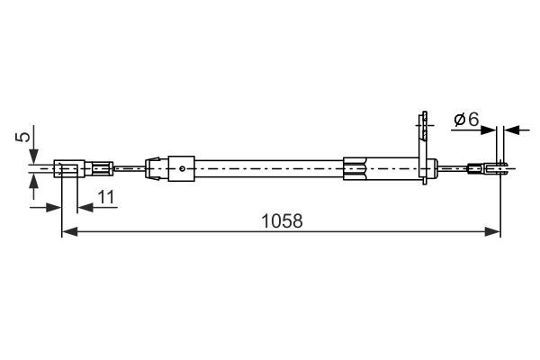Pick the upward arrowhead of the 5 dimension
click(x=34, y=180)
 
